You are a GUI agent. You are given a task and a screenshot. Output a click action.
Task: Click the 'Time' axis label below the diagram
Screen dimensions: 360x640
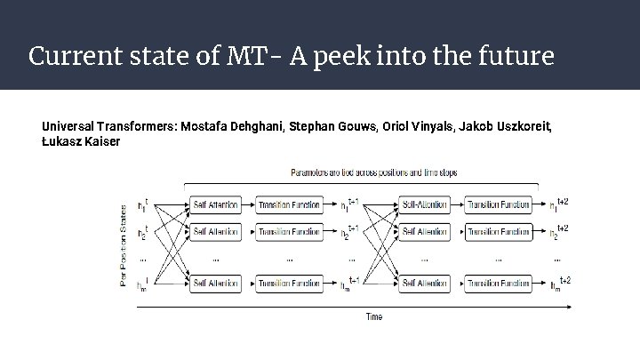(375, 316)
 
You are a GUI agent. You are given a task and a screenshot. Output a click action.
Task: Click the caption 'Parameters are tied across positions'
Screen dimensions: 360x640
(373, 172)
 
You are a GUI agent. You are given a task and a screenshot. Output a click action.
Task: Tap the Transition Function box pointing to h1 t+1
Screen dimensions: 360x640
(290, 205)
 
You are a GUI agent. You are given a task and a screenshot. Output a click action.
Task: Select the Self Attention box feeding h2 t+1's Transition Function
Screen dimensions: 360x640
(215, 232)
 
